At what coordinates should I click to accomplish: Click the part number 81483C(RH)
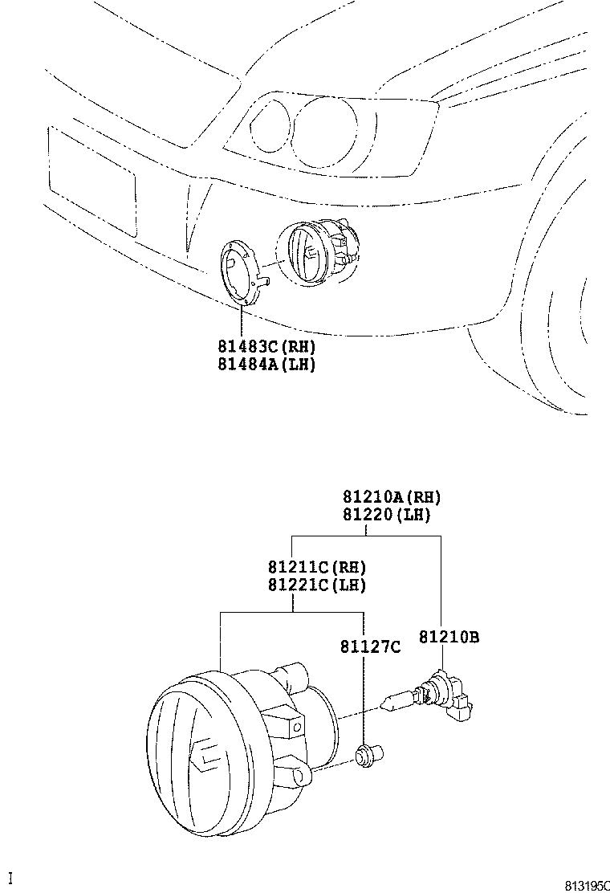[266, 347]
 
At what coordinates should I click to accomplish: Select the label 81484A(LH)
[266, 364]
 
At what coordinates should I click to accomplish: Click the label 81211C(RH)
[317, 568]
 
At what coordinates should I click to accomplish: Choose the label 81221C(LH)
[317, 585]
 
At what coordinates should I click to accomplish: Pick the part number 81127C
[368, 646]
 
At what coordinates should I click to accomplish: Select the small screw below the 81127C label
[369, 755]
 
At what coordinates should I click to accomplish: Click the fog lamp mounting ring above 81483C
[242, 268]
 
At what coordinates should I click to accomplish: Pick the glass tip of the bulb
[394, 704]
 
